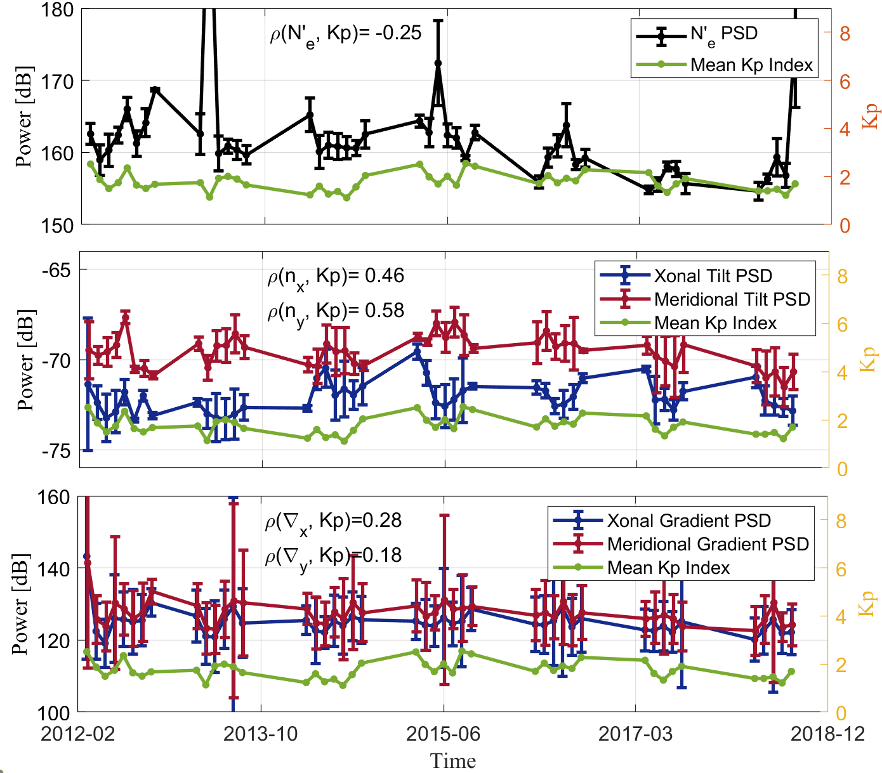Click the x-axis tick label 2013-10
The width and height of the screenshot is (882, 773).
tap(261, 734)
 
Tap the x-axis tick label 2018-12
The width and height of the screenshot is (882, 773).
tap(827, 734)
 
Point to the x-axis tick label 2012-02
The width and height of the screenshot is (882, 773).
tap(78, 734)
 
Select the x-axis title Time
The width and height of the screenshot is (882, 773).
tap(452, 760)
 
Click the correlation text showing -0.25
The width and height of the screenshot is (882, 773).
tap(346, 34)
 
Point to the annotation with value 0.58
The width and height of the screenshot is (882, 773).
tap(336, 311)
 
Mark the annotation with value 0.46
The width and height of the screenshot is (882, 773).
tap(336, 276)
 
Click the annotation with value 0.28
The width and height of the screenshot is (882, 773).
tap(334, 521)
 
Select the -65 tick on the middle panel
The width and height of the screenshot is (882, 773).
tap(56, 270)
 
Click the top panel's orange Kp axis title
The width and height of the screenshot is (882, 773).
tap(871, 116)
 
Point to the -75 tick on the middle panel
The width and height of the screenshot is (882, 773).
tap(56, 451)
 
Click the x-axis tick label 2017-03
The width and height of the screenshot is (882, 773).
tap(636, 734)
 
